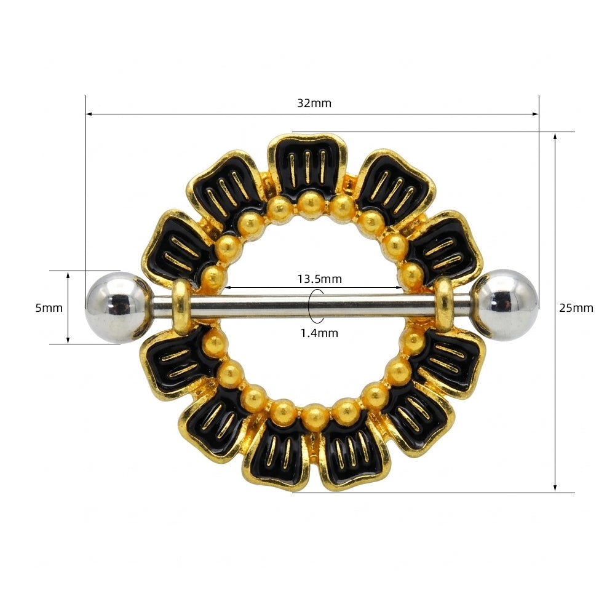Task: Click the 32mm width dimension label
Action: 314,103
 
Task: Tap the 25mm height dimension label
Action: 576,308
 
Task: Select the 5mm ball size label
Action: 49,307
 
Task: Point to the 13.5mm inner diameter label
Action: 319,279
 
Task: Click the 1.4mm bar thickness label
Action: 319,333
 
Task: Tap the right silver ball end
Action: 506,304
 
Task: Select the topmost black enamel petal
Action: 307,164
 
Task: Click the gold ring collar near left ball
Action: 180,306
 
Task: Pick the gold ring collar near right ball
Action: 444,304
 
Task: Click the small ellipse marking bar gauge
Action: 316,306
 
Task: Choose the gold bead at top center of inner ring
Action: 308,199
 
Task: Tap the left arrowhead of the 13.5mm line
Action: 226,287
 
